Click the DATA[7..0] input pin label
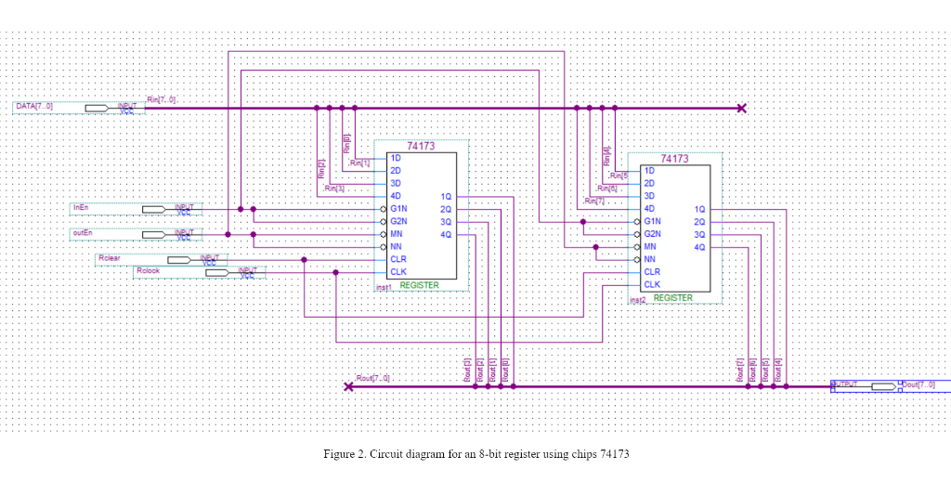[x=34, y=107]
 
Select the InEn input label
[x=80, y=206]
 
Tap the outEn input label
[x=82, y=232]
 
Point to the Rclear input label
[x=110, y=257]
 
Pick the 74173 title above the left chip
[x=421, y=147]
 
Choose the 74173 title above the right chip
[x=674, y=159]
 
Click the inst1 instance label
[x=383, y=288]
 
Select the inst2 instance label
[x=637, y=300]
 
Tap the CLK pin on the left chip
[x=397, y=272]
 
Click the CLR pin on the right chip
[x=652, y=272]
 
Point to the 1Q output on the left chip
[x=446, y=197]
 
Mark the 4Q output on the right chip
[x=699, y=247]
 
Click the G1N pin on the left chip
[x=399, y=209]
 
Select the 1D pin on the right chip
[x=649, y=171]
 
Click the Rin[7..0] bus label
[x=161, y=99]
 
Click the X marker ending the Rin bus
[x=741, y=108]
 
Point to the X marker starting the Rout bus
[x=348, y=386]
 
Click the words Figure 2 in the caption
[x=344, y=454]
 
